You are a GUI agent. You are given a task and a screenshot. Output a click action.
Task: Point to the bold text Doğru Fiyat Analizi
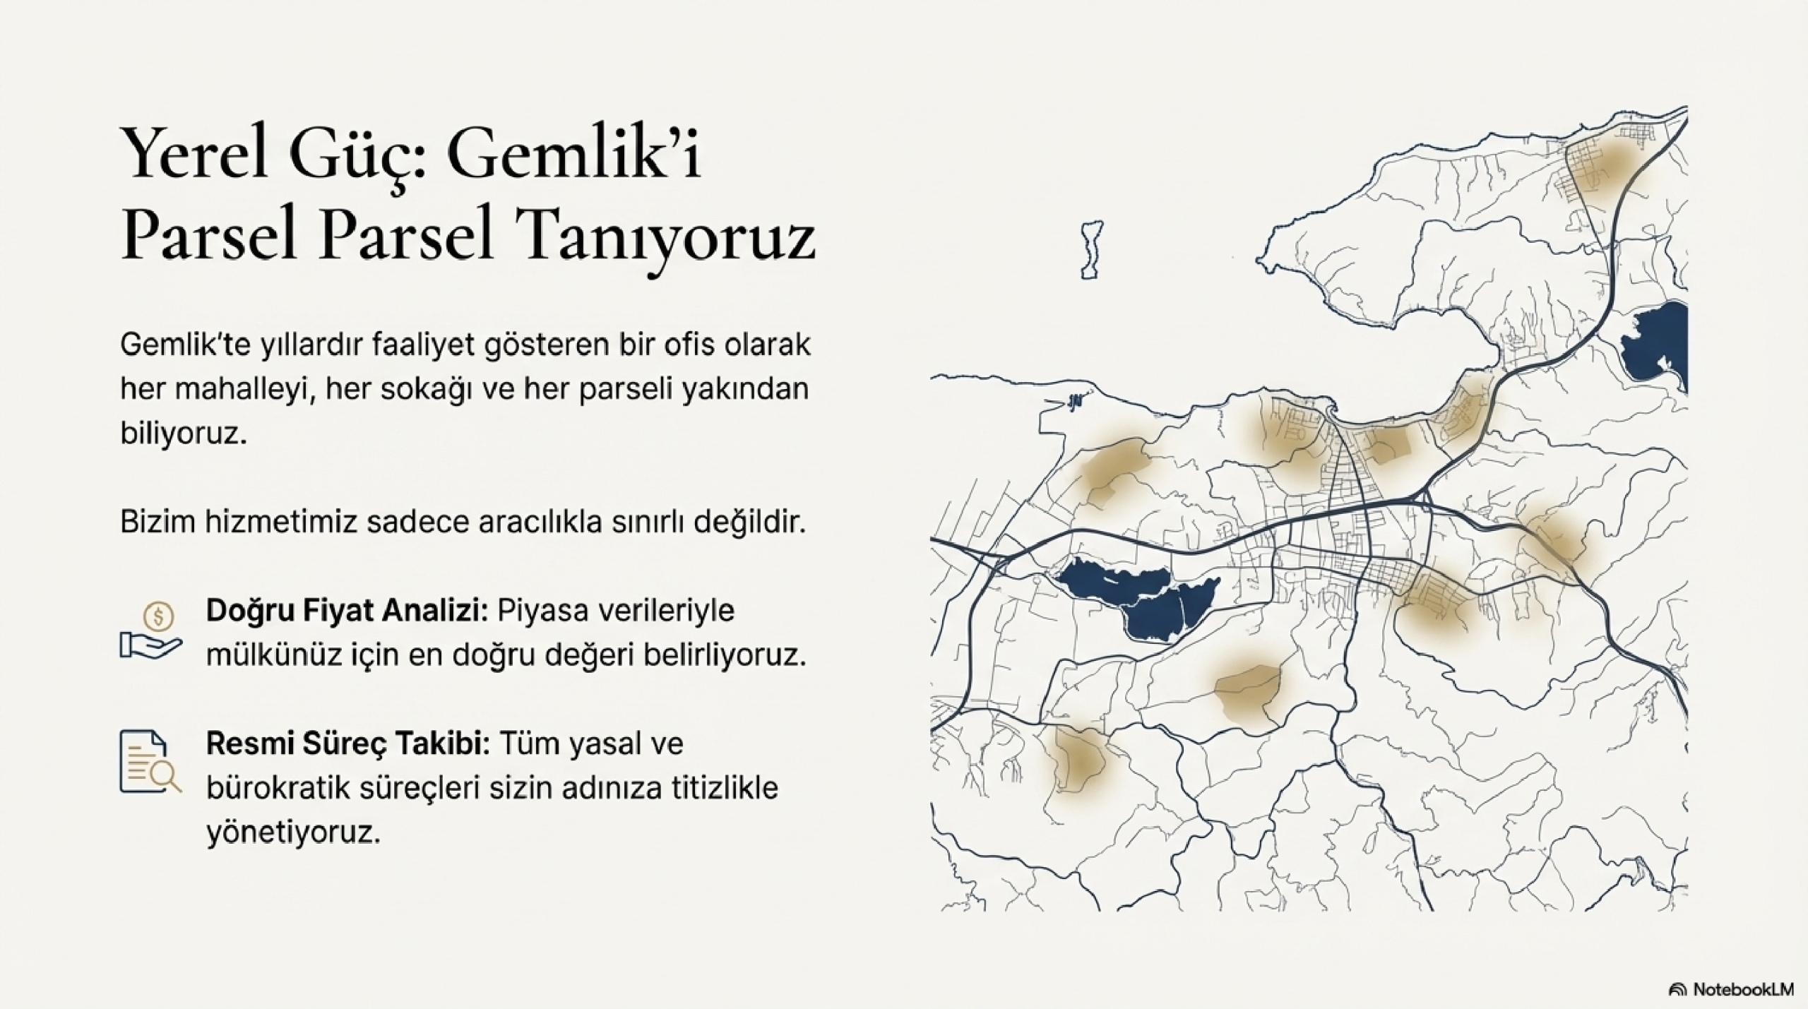(347, 611)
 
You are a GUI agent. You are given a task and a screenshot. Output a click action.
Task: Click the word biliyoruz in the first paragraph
(184, 434)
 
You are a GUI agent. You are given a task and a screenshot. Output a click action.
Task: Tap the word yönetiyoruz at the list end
(293, 832)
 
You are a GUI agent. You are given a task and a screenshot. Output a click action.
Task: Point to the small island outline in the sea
(1092, 249)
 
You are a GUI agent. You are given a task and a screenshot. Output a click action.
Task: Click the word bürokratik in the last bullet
(278, 788)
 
